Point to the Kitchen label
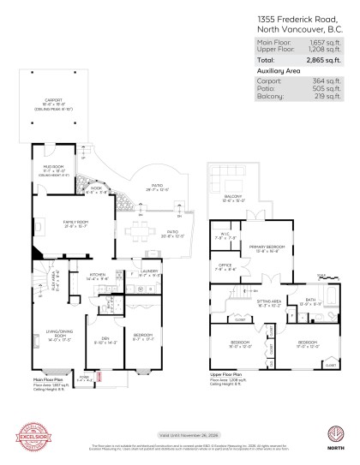(97, 275)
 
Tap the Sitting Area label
(272, 301)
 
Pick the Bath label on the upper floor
(310, 300)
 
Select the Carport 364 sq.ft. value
(327, 80)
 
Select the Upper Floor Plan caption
(228, 374)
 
